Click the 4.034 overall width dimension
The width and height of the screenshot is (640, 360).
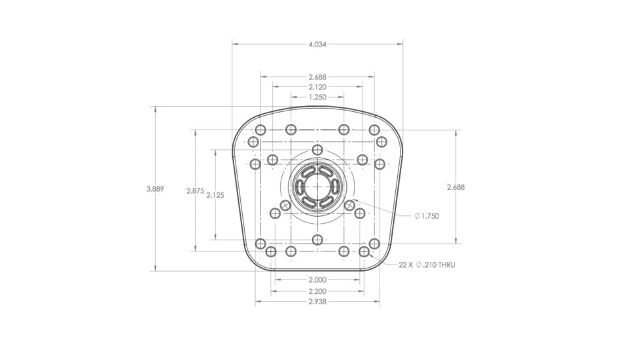[317, 44]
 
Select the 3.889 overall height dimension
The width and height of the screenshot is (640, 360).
[155, 189]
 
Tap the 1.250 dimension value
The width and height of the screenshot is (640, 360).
[317, 97]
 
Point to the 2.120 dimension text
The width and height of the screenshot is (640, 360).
[317, 87]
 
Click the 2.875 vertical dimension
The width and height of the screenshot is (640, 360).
[195, 190]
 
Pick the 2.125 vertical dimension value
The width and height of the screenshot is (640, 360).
[215, 196]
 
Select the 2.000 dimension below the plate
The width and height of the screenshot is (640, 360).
[317, 280]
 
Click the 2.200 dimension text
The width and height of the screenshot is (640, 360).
[317, 291]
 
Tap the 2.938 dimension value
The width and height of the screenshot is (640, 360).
[317, 302]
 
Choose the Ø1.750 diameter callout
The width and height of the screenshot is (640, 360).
[427, 216]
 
